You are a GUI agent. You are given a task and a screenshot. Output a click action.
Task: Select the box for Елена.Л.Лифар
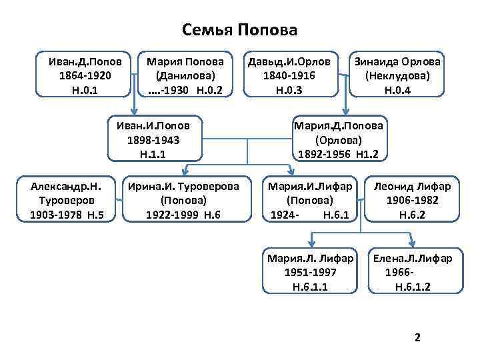[x=412, y=272]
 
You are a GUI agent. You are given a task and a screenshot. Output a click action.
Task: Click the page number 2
[x=417, y=338]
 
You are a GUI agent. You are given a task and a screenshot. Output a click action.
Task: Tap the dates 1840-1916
[x=290, y=75]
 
